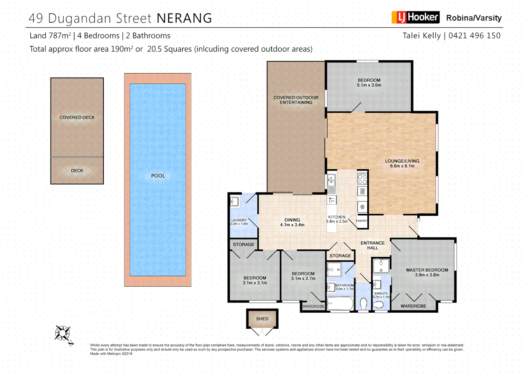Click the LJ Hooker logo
pyautogui.click(x=415, y=17)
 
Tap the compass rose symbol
pyautogui.click(x=63, y=333)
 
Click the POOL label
pyautogui.click(x=158, y=176)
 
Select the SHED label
pyautogui.click(x=262, y=319)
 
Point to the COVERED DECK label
pyautogui.click(x=77, y=117)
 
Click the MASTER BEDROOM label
pyautogui.click(x=427, y=270)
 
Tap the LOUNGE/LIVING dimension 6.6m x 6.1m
pyautogui.click(x=402, y=166)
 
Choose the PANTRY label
pyautogui.click(x=361, y=221)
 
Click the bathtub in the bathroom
pyautogui.click(x=340, y=304)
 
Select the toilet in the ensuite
pyautogui.click(x=379, y=305)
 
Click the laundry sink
pyautogui.click(x=235, y=202)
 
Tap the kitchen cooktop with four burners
pyautogui.click(x=362, y=179)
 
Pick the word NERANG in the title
pyautogui.click(x=184, y=18)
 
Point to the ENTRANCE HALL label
pyautogui.click(x=373, y=246)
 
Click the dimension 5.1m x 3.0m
pyautogui.click(x=369, y=85)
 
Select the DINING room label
pyautogui.click(x=292, y=220)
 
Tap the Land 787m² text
pyautogui.click(x=50, y=36)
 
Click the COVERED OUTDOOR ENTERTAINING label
pyautogui.click(x=296, y=100)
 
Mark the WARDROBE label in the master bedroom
pyautogui.click(x=413, y=306)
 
